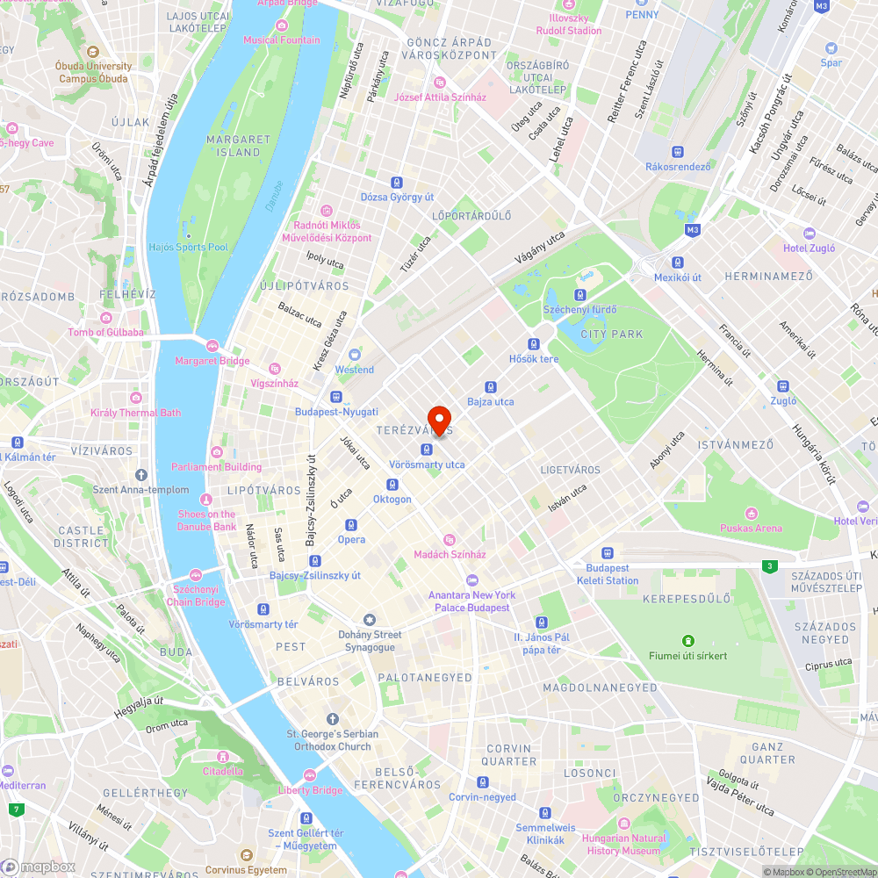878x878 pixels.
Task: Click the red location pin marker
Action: pos(439,419)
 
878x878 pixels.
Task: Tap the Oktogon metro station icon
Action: pos(392,485)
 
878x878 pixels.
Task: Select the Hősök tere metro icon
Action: pos(534,343)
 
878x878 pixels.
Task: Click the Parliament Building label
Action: pos(216,467)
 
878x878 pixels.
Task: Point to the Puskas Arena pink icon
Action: pos(751,513)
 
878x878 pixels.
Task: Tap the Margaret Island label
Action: pos(238,146)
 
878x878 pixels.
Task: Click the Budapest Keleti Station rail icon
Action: pos(608,553)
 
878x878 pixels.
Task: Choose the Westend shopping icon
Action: pos(355,355)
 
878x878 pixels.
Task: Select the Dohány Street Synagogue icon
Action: pos(370,620)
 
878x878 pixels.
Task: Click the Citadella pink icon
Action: pos(222,757)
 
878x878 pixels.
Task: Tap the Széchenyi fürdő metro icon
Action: pos(580,295)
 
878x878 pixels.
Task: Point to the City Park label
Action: pos(612,335)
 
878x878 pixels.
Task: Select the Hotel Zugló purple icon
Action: pos(810,234)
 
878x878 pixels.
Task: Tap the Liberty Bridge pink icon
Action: pos(309,775)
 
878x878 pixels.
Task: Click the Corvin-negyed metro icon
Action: pos(482,782)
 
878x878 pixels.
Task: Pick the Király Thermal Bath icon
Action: pos(135,398)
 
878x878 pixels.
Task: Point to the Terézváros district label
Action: pos(414,431)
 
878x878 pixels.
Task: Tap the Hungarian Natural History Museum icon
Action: pos(623,825)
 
